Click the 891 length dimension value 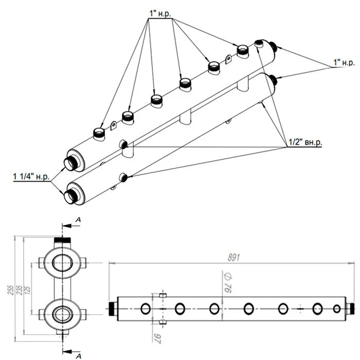point(233,258)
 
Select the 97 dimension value point(158,338)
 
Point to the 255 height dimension point(10,290)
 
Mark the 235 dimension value point(19,290)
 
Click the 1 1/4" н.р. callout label point(31,176)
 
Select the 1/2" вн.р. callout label point(305,142)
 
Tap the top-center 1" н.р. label point(160,14)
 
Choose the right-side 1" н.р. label point(344,62)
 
